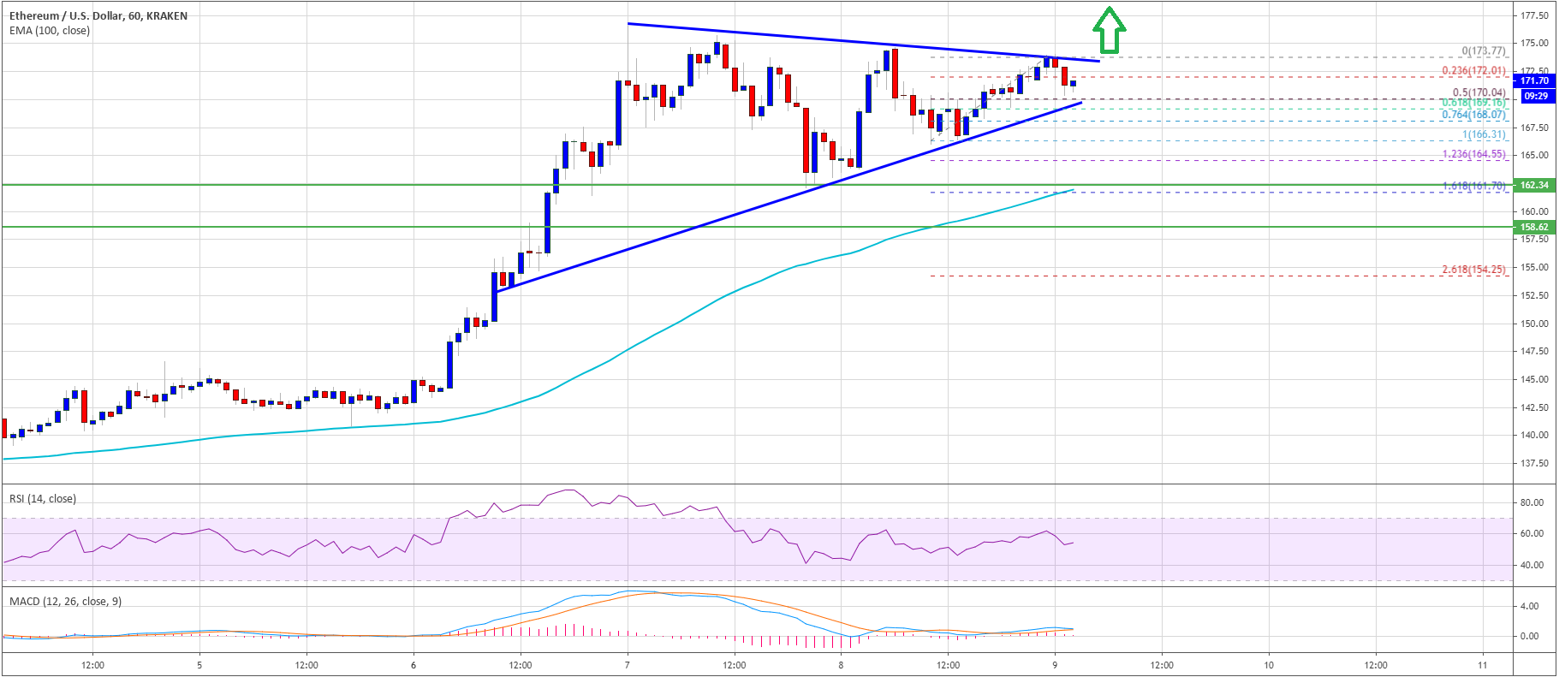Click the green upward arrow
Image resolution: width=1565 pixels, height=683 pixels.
(x=1109, y=31)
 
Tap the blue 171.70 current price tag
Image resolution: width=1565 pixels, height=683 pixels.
(x=1533, y=80)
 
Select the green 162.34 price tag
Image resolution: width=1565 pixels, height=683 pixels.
(x=1533, y=185)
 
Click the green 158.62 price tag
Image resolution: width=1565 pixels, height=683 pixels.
(x=1533, y=227)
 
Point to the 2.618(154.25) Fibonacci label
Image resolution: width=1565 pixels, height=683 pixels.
(x=1473, y=270)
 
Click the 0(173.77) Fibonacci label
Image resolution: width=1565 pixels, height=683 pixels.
(x=1483, y=51)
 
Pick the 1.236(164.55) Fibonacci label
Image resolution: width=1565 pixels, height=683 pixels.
(x=1473, y=154)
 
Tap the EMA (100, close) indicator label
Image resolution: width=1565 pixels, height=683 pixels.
(x=50, y=31)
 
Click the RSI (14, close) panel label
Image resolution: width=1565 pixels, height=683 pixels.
(x=43, y=498)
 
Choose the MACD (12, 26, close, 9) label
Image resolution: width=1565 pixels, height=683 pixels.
(x=65, y=601)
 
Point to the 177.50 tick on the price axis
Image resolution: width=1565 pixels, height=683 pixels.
(x=1534, y=15)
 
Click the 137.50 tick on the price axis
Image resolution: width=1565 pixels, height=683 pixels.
(x=1534, y=463)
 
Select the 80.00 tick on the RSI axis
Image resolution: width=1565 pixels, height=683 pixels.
(x=1532, y=502)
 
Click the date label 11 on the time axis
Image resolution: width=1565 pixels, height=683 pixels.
(x=1482, y=665)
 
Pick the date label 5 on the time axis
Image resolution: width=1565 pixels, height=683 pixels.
(x=199, y=665)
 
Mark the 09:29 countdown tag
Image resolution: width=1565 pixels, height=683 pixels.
(x=1535, y=96)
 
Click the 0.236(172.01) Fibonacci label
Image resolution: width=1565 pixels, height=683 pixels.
(x=1473, y=71)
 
